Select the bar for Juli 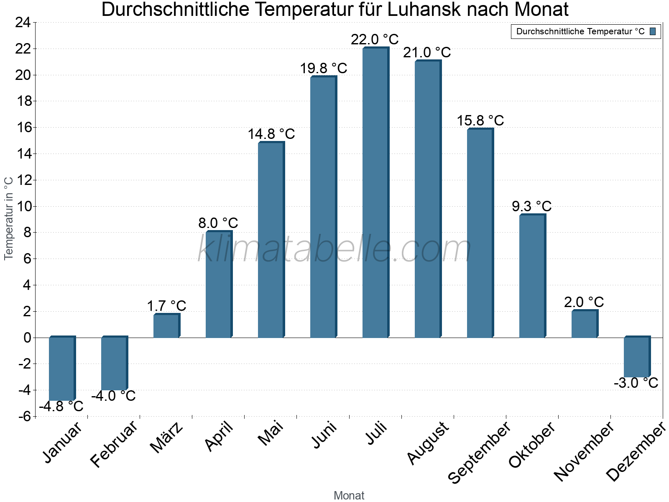coord(375,192)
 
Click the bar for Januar coord(61,368)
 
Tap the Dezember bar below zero coord(636,357)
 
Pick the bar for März coord(166,326)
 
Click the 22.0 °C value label coord(375,39)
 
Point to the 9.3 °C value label coord(531,206)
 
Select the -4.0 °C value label coord(113,396)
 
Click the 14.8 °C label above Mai coord(271,134)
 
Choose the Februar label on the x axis coord(114,444)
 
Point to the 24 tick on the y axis coord(23,23)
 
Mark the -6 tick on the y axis coord(24,416)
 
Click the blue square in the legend coord(653,31)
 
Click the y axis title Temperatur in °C coord(9,218)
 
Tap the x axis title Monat coord(349,495)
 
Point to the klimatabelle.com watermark coord(334,249)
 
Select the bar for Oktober coord(532,276)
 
